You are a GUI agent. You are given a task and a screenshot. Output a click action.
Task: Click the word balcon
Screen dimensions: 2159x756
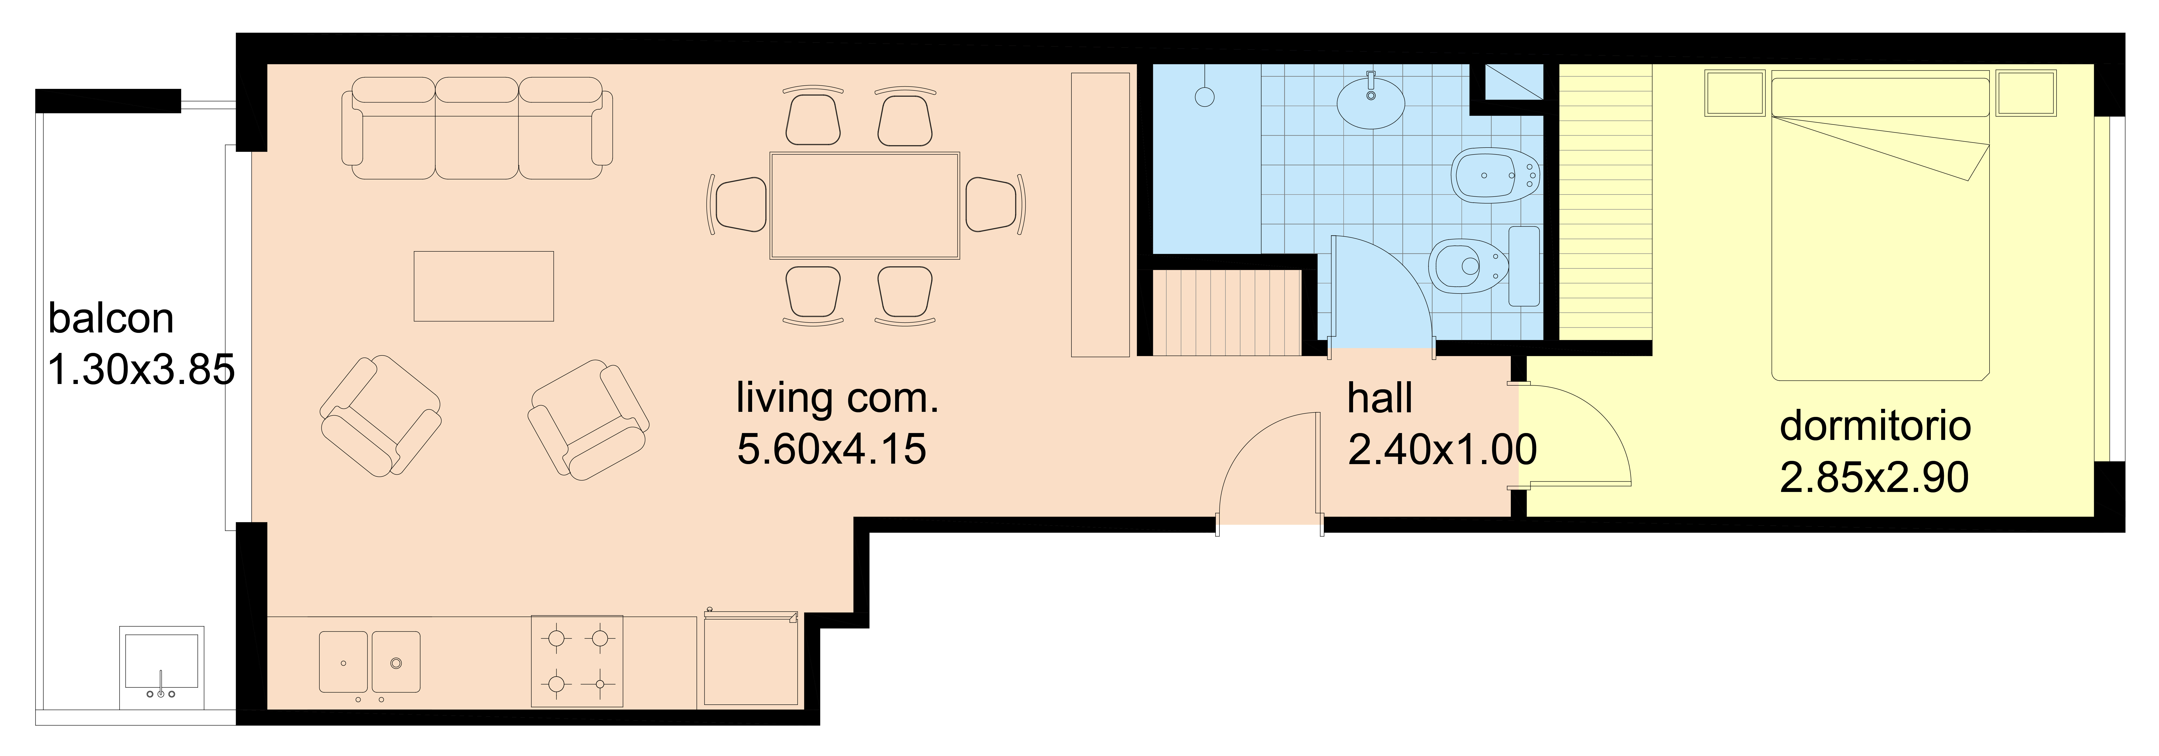pyautogui.click(x=111, y=319)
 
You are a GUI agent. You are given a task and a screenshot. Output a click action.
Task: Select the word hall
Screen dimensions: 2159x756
pyautogui.click(x=1380, y=398)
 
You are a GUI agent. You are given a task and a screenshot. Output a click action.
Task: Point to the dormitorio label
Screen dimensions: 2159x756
pyautogui.click(x=1875, y=426)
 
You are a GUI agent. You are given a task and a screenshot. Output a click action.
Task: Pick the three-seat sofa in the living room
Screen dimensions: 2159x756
pyautogui.click(x=477, y=128)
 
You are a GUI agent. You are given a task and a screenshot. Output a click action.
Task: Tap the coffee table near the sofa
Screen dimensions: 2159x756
pyautogui.click(x=484, y=286)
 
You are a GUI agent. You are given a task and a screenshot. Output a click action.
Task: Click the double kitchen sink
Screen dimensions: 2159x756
pyautogui.click(x=370, y=662)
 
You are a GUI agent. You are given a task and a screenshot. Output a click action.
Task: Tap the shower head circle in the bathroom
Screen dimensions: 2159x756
pyautogui.click(x=1204, y=97)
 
